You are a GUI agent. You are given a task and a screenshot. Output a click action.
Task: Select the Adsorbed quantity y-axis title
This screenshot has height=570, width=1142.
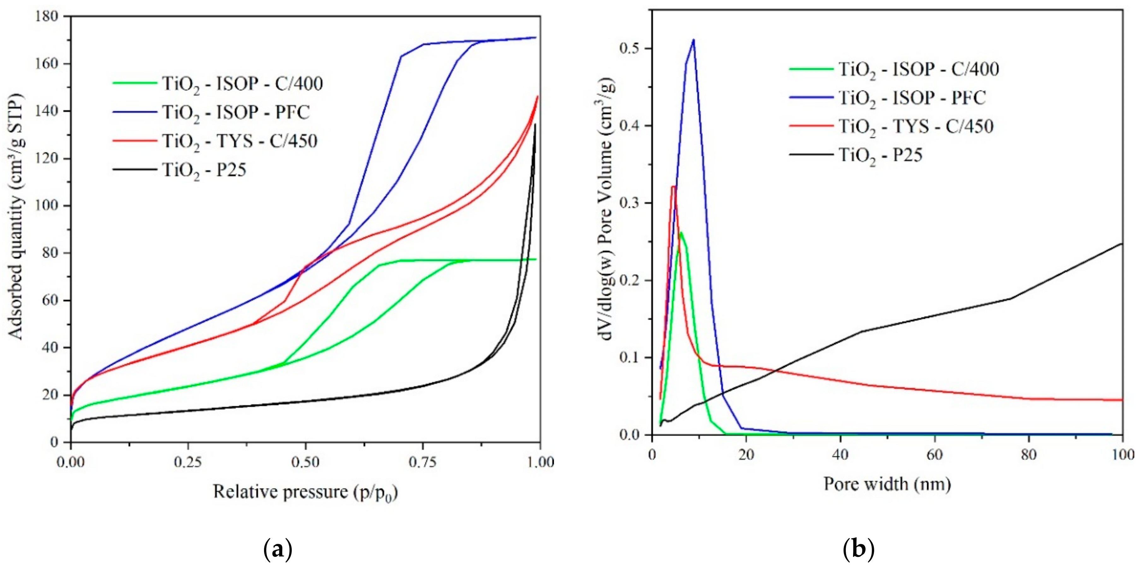pyautogui.click(x=16, y=217)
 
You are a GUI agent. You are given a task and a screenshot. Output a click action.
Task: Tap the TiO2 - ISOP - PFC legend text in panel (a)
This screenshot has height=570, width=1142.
pyautogui.click(x=235, y=113)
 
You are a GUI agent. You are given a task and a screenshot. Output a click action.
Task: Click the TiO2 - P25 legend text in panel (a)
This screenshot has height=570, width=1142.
pyautogui.click(x=204, y=170)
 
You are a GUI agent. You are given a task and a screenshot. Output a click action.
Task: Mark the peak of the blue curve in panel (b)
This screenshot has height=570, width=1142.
pyautogui.click(x=693, y=40)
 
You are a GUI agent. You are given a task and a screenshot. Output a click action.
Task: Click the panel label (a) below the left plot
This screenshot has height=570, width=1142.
pyautogui.click(x=278, y=550)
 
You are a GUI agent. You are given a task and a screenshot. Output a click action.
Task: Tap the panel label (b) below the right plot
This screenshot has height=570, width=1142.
pyautogui.click(x=858, y=550)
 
